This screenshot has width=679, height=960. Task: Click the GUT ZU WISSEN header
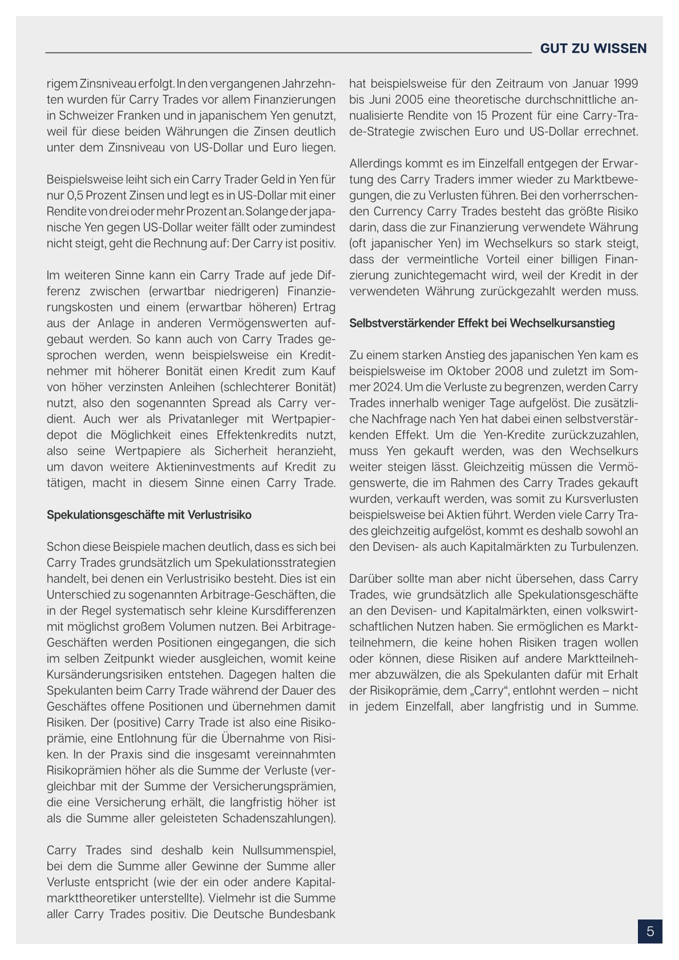(x=593, y=48)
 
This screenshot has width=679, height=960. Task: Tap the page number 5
(x=650, y=931)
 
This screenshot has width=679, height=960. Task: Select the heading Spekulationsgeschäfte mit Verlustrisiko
(x=149, y=515)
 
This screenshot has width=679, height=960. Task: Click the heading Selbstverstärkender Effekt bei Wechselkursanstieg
(x=482, y=323)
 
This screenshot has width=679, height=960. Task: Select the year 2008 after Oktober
(x=499, y=371)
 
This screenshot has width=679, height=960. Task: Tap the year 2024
(x=373, y=387)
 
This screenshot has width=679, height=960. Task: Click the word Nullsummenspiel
(x=289, y=850)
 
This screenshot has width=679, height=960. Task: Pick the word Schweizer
(x=76, y=116)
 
